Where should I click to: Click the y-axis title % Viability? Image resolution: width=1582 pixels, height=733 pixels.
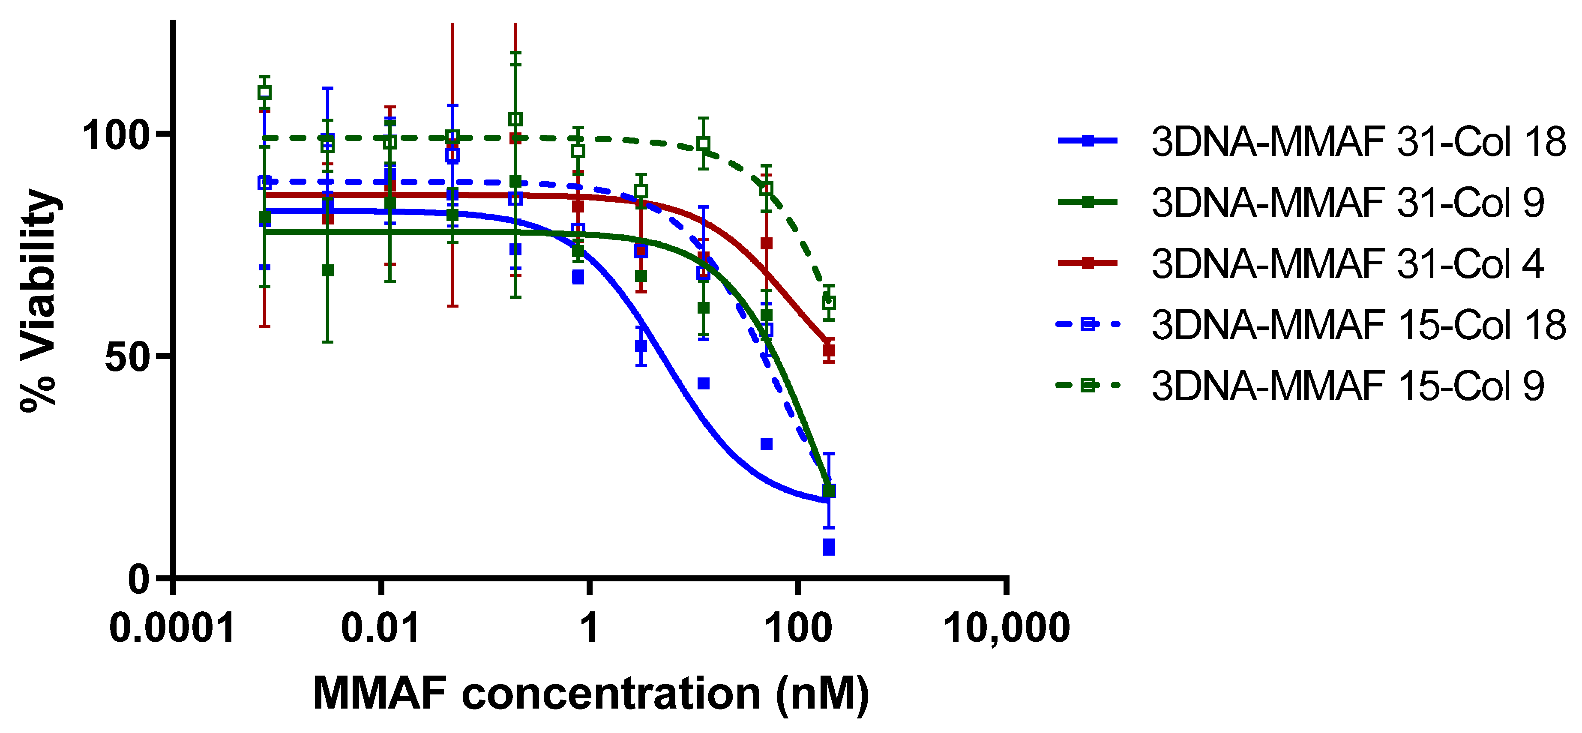click(x=38, y=301)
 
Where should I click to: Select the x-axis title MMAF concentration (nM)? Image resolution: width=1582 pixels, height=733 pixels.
click(x=591, y=694)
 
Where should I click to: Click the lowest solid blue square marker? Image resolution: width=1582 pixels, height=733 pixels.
click(x=828, y=547)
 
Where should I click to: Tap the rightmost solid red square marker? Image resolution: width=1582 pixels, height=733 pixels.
click(x=828, y=350)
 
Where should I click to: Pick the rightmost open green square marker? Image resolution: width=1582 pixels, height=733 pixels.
click(x=828, y=302)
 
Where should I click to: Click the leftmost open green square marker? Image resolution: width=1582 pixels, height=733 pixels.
click(x=265, y=93)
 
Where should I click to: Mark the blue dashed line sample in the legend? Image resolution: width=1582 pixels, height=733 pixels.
click(x=1088, y=324)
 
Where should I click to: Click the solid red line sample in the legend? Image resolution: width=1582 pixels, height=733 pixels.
click(x=1088, y=263)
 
